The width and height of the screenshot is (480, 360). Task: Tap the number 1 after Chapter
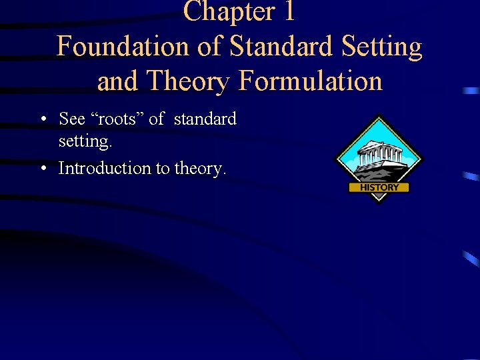pyautogui.click(x=288, y=11)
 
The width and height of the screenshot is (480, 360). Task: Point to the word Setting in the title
pyautogui.click(x=385, y=47)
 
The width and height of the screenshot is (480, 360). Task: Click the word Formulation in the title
pyautogui.click(x=310, y=81)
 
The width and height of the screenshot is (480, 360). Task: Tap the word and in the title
pyautogui.click(x=119, y=81)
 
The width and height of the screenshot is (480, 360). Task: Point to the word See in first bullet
pyautogui.click(x=72, y=119)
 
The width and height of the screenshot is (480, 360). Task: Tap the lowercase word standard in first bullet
pyautogui.click(x=205, y=119)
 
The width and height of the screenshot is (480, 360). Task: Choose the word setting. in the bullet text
pyautogui.click(x=84, y=142)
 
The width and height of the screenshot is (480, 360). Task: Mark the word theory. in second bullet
pyautogui.click(x=201, y=169)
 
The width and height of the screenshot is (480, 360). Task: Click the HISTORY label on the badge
pyautogui.click(x=379, y=188)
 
